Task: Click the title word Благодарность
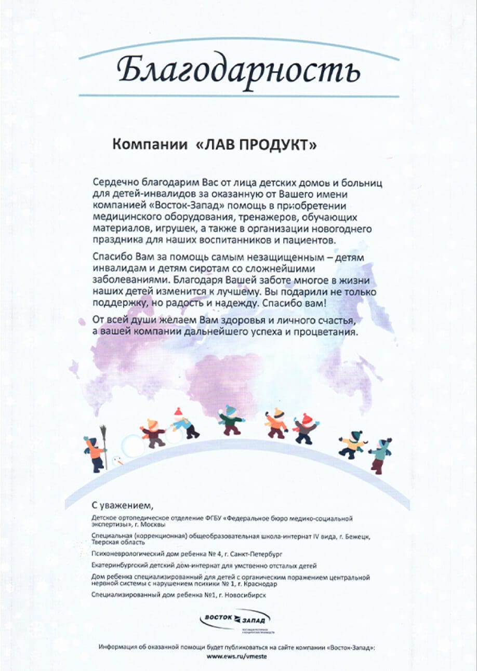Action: (239, 70)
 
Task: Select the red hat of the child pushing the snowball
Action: (178, 412)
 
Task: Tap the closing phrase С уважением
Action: (123, 505)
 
